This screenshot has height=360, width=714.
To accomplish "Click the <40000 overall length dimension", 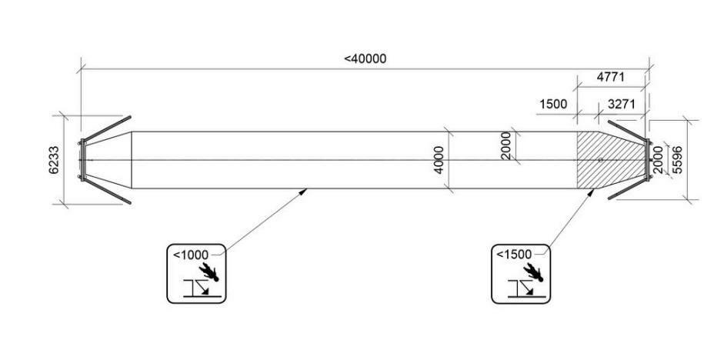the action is (365, 58).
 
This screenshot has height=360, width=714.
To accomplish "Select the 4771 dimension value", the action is (610, 77).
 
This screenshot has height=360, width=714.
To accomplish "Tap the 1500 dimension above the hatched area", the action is (553, 104).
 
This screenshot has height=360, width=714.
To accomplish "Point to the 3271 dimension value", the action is (621, 104).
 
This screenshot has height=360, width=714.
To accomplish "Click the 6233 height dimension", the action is (54, 160).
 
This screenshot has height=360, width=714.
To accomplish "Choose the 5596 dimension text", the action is (677, 160).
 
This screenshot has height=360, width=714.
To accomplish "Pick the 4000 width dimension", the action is (439, 160).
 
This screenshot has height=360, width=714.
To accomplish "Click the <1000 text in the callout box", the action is (190, 255).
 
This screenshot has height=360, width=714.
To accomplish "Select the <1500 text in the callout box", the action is (514, 255).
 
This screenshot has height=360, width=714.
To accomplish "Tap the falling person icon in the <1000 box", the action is (209, 272).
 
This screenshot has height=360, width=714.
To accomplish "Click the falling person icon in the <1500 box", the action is (533, 272).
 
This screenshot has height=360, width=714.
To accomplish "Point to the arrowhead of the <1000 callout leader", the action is (303, 192).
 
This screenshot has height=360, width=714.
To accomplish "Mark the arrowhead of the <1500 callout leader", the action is (591, 192).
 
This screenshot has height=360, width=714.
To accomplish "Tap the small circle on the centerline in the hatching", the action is (601, 160).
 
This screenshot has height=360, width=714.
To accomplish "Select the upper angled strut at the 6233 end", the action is (106, 128).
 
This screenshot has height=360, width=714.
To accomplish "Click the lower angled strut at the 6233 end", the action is (106, 192).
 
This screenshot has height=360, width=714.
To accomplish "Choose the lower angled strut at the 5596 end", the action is (628, 188).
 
